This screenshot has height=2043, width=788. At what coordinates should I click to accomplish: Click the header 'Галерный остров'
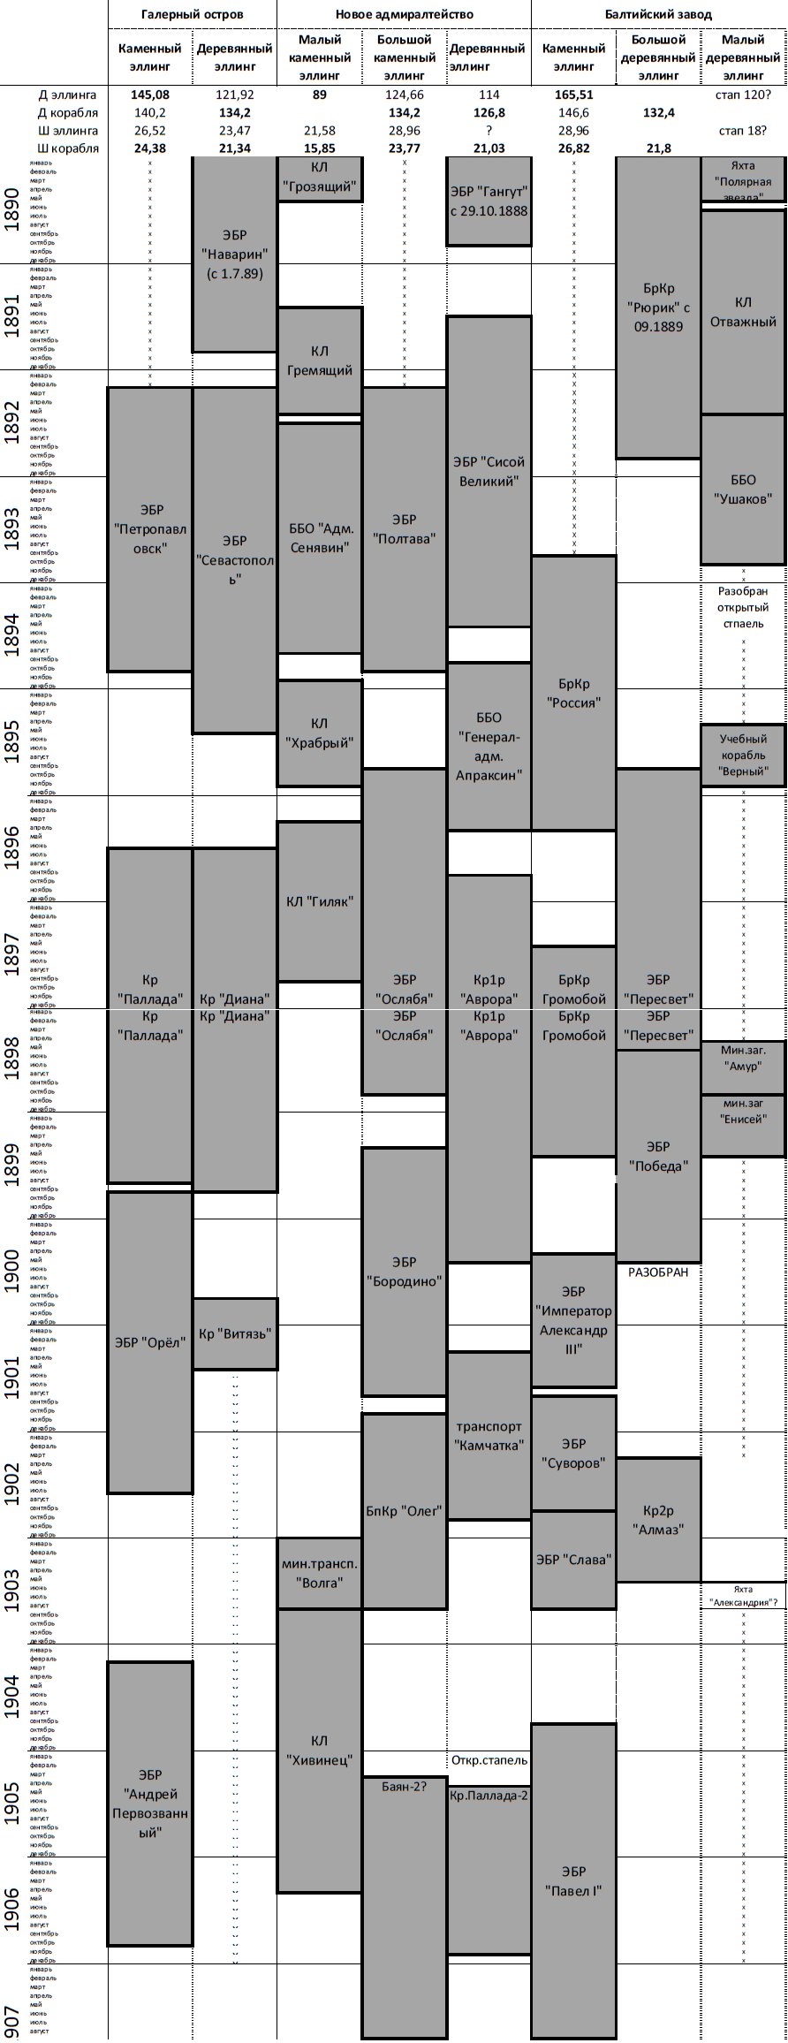[192, 14]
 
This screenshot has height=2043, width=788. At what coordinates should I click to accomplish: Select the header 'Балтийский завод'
[658, 14]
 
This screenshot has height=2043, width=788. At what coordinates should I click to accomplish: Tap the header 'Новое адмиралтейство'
[404, 14]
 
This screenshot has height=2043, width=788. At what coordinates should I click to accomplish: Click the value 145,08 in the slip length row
[149, 95]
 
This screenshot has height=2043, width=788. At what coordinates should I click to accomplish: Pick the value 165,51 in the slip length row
[573, 95]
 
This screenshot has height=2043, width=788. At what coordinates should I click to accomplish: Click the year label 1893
[12, 528]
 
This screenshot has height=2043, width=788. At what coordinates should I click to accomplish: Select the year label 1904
[12, 1697]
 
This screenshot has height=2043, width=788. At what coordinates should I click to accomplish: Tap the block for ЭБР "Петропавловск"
[150, 528]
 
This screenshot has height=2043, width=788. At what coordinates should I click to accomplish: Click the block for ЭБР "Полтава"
[404, 528]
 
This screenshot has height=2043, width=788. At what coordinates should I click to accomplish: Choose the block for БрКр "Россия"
[573, 693]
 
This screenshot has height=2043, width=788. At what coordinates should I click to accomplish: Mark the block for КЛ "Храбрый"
[319, 733]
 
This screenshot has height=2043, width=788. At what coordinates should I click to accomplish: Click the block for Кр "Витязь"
[235, 1333]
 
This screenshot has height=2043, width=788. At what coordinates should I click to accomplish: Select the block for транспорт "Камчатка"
[489, 1435]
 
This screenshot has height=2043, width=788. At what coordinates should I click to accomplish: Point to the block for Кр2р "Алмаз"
[658, 1519]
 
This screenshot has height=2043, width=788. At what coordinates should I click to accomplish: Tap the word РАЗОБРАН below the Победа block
[658, 1272]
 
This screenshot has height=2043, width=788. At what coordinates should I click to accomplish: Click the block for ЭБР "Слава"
[573, 1560]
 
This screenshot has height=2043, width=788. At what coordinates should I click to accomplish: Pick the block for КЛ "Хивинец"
[319, 1750]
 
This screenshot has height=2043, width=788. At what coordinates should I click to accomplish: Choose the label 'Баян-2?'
[404, 1786]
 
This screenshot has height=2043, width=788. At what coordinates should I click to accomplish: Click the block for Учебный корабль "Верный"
[743, 755]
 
